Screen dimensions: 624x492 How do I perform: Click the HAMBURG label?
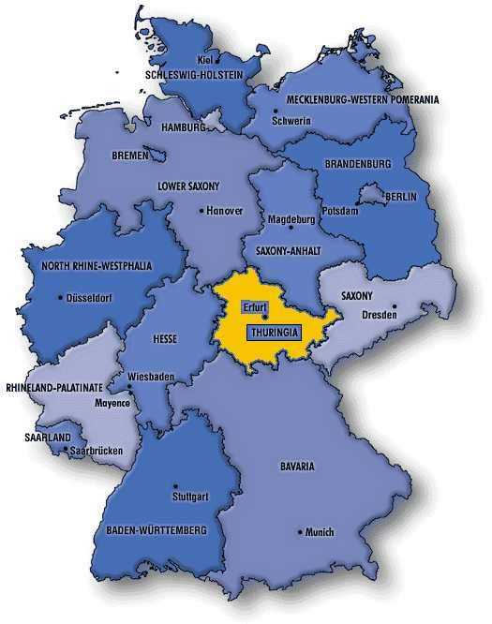[x=183, y=126]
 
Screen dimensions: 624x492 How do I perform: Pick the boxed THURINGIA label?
[x=273, y=331]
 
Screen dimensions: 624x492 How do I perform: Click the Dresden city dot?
[x=394, y=305]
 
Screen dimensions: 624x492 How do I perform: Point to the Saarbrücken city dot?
[x=64, y=450]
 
